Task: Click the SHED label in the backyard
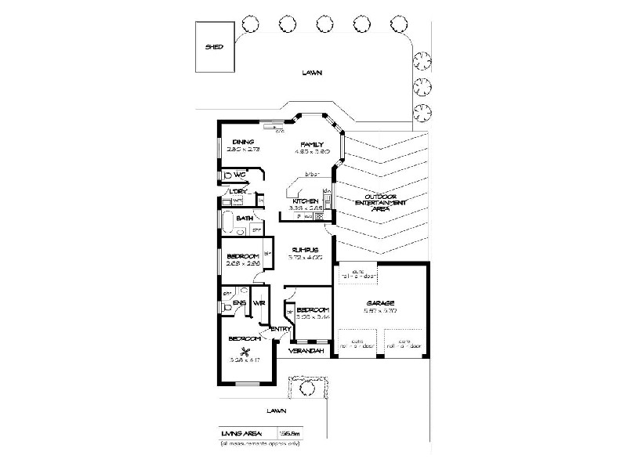(214, 47)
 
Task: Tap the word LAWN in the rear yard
(312, 74)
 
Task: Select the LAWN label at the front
(274, 410)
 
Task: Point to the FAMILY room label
(312, 144)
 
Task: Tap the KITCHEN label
(304, 201)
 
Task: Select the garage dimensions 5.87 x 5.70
(381, 312)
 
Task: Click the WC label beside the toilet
(241, 175)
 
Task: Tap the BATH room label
(245, 219)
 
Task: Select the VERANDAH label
(302, 352)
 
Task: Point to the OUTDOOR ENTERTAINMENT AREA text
(380, 203)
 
